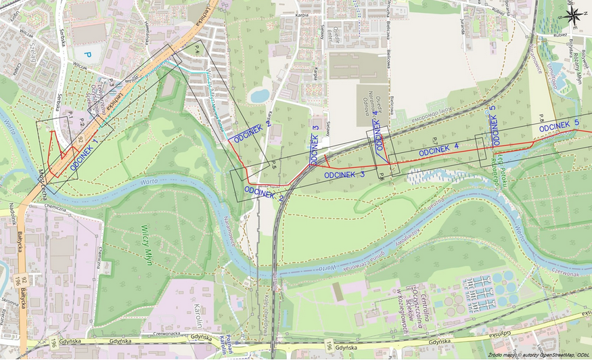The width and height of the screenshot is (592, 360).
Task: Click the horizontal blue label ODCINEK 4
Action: click(438, 150)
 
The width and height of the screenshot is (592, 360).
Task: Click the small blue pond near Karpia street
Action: click(259, 96)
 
